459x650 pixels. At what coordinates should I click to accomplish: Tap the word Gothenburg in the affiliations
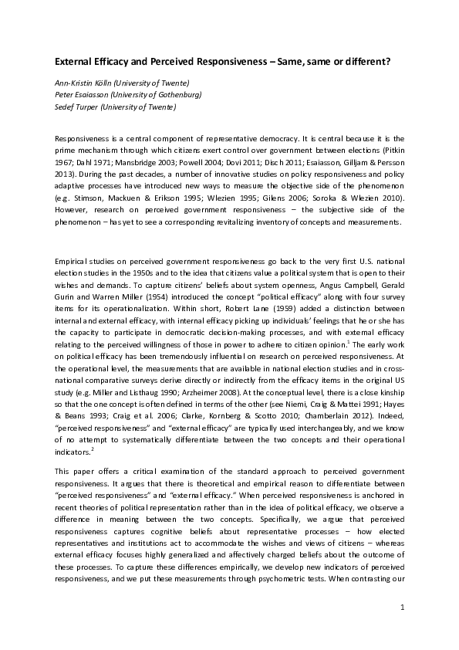pos(177,94)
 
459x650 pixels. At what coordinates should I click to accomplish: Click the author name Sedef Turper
pos(75,107)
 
